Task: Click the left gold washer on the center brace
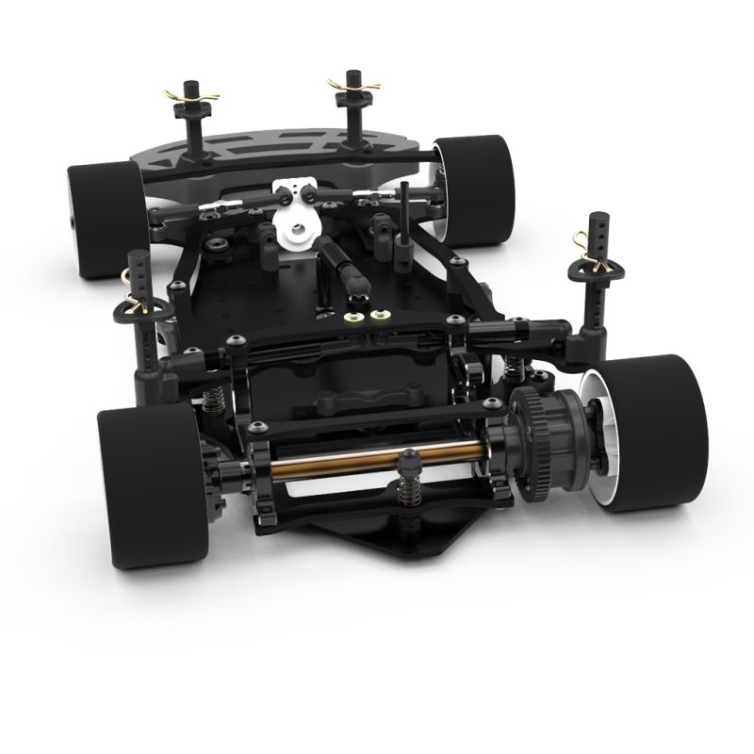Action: click(x=356, y=316)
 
